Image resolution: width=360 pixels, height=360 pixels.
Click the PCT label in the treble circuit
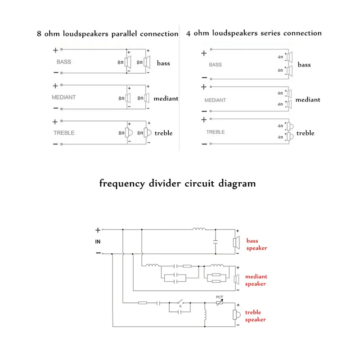click(x=219, y=297)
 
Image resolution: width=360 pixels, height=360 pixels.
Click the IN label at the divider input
click(x=98, y=242)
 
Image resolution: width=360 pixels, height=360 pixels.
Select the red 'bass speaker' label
click(x=256, y=244)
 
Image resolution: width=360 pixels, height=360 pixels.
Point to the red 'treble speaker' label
click(x=255, y=316)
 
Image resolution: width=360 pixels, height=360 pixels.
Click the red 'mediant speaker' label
click(x=256, y=280)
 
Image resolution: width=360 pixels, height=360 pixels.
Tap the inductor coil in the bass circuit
click(x=199, y=229)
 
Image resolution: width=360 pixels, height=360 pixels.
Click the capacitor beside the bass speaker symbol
click(x=216, y=242)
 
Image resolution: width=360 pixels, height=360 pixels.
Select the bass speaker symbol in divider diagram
click(x=236, y=243)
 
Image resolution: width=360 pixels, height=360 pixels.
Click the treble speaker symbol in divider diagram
click(x=236, y=315)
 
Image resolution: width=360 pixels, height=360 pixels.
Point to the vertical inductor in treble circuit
click(x=205, y=315)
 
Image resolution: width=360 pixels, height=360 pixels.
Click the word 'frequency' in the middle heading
click(x=122, y=184)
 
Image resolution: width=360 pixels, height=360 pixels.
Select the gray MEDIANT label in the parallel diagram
click(x=63, y=97)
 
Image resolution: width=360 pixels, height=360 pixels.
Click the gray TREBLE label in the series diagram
click(x=216, y=132)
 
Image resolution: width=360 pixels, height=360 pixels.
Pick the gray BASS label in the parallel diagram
click(x=64, y=62)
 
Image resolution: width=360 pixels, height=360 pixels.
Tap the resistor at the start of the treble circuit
click(x=143, y=303)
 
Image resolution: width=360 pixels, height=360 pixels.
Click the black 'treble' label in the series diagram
click(x=305, y=133)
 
